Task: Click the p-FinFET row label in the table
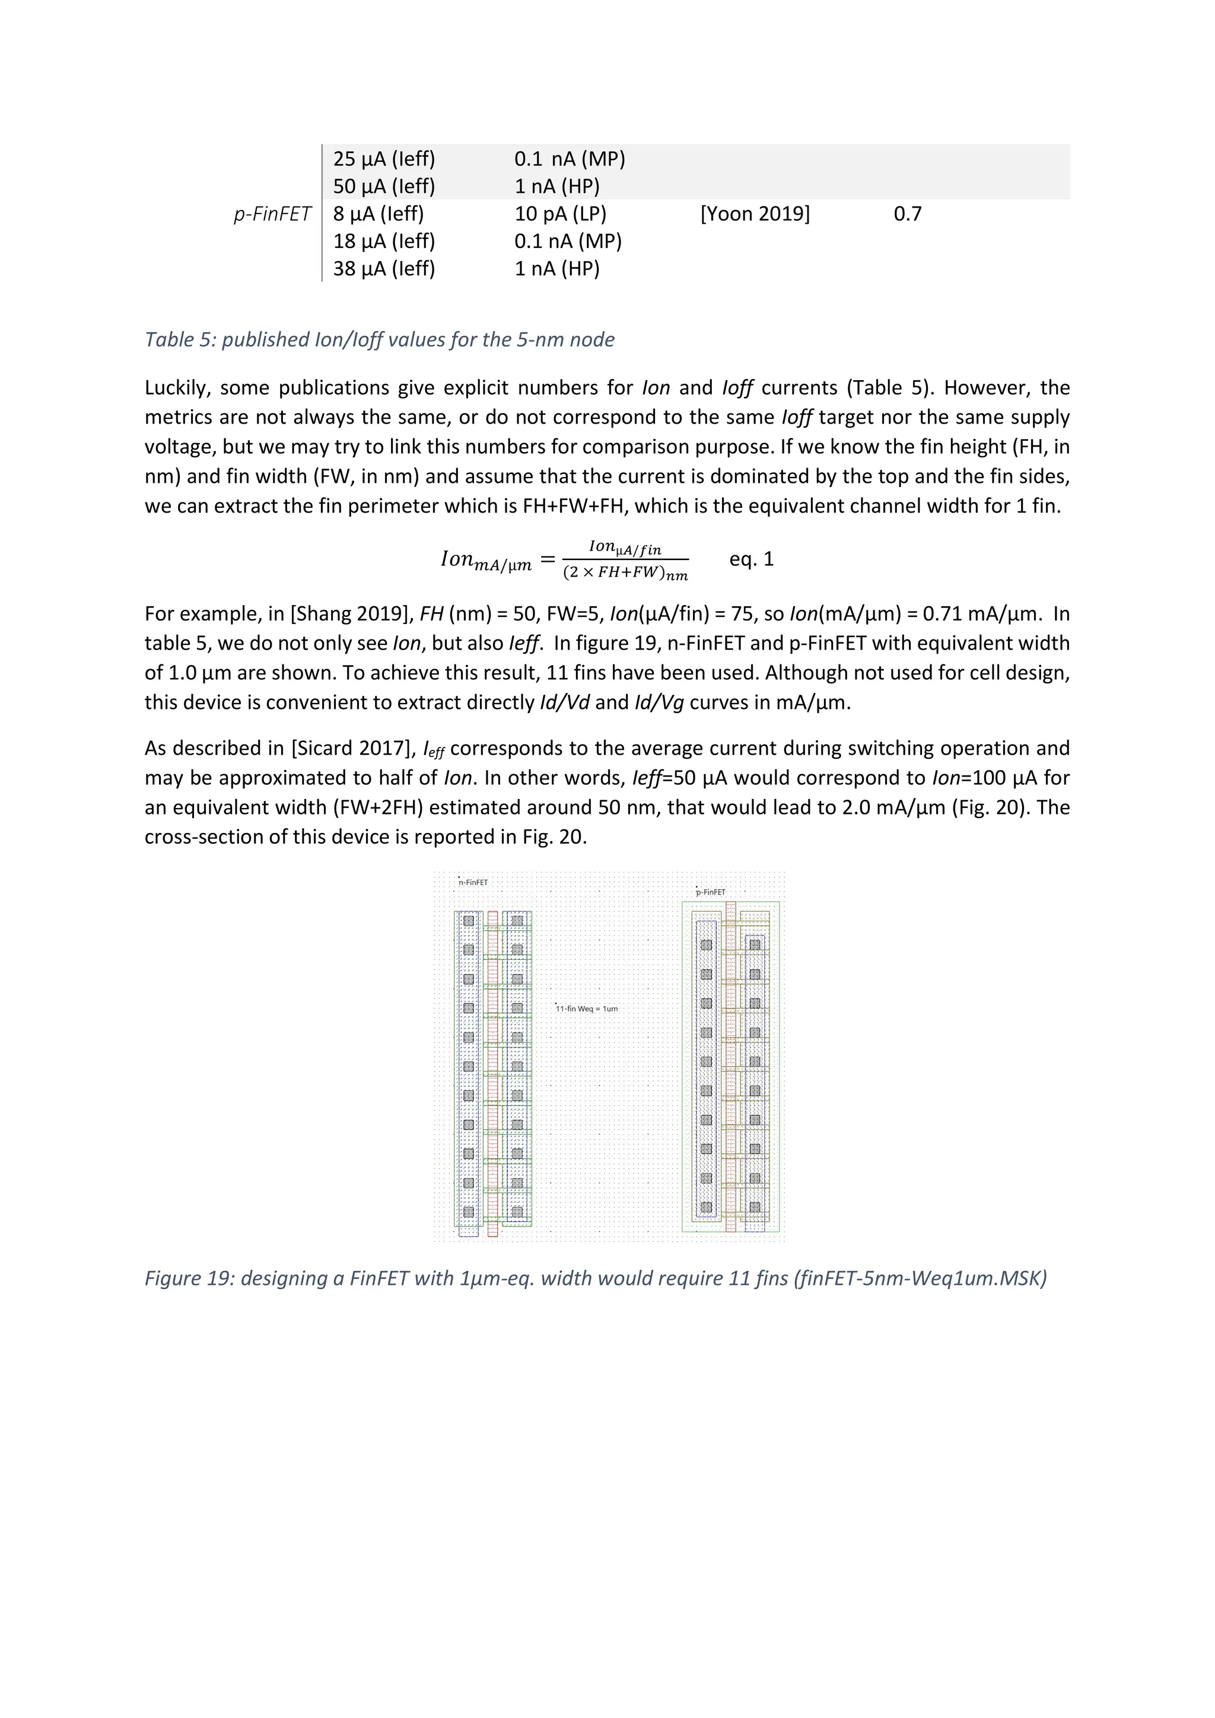(x=272, y=214)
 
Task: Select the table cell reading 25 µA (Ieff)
(x=384, y=158)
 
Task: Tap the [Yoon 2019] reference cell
(x=754, y=214)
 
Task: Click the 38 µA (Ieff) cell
(x=384, y=269)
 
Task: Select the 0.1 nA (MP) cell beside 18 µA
(x=568, y=241)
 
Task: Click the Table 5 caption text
(x=379, y=340)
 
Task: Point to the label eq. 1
(x=751, y=559)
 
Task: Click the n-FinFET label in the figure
(x=473, y=883)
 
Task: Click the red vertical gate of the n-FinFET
(x=492, y=1070)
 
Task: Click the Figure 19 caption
(x=595, y=1278)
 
